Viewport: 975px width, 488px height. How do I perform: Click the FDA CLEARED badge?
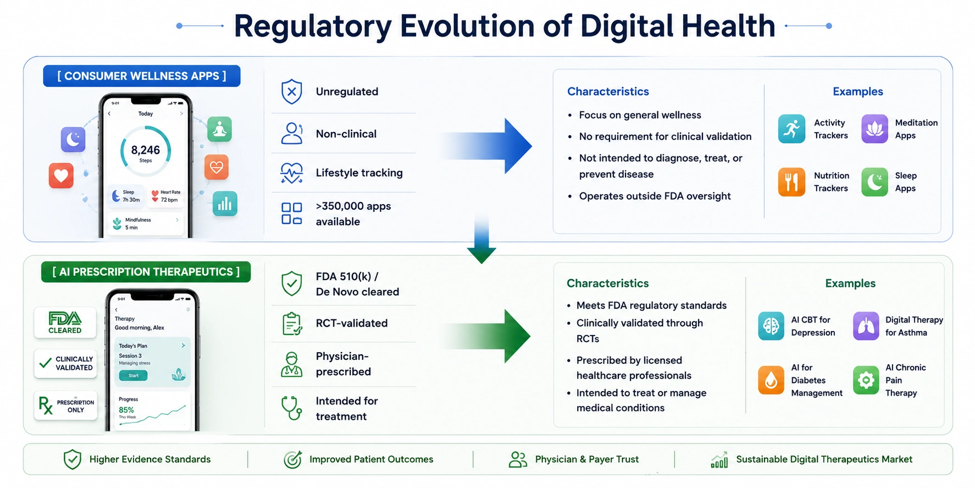65,322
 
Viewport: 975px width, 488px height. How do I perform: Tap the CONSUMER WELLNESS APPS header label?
142,76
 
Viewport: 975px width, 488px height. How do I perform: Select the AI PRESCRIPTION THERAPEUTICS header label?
146,272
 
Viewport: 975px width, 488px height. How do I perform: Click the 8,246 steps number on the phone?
146,150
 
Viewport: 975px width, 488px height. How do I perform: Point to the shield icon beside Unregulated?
291,91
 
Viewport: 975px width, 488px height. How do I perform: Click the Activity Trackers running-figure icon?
791,129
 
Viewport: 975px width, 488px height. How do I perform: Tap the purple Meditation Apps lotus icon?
874,129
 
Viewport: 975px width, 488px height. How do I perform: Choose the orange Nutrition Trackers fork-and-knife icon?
791,182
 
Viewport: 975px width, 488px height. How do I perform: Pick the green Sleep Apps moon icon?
874,182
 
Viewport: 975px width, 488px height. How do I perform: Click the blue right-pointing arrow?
487,146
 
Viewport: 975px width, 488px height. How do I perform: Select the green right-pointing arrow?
486,336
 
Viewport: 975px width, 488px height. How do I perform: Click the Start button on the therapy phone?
134,375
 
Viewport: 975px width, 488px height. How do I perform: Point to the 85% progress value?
126,410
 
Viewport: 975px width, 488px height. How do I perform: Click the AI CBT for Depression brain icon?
771,326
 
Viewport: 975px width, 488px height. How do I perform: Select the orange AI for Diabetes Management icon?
771,380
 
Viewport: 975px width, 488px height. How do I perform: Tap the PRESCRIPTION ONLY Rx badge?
65,405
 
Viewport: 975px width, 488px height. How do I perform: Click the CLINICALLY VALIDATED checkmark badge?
65,363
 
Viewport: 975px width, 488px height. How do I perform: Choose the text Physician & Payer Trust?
587,459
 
